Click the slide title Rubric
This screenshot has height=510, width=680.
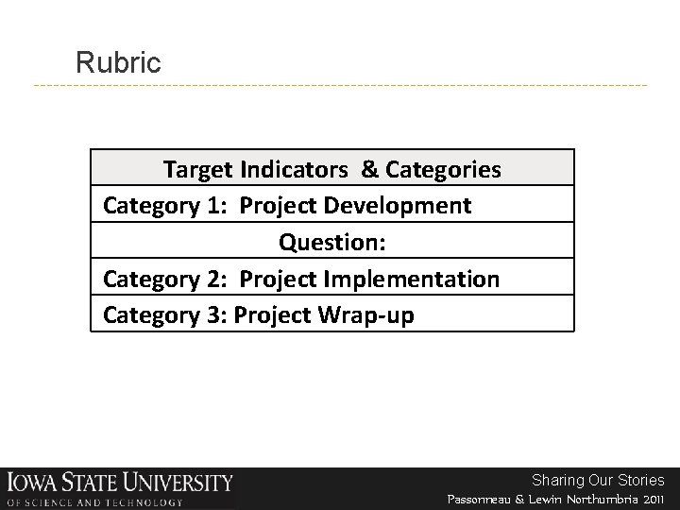point(119,63)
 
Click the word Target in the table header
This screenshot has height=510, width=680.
point(198,170)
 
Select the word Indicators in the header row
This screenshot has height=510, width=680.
point(295,170)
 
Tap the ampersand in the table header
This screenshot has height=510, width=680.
point(370,170)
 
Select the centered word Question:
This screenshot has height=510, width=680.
point(331,243)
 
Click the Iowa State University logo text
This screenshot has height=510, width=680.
point(119,482)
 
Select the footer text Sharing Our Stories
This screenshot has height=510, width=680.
point(598,480)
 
